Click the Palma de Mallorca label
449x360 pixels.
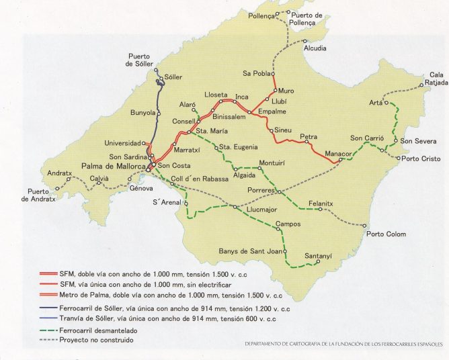(x=114, y=166)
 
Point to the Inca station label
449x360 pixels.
(x=241, y=95)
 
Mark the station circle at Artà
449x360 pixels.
(x=387, y=103)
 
